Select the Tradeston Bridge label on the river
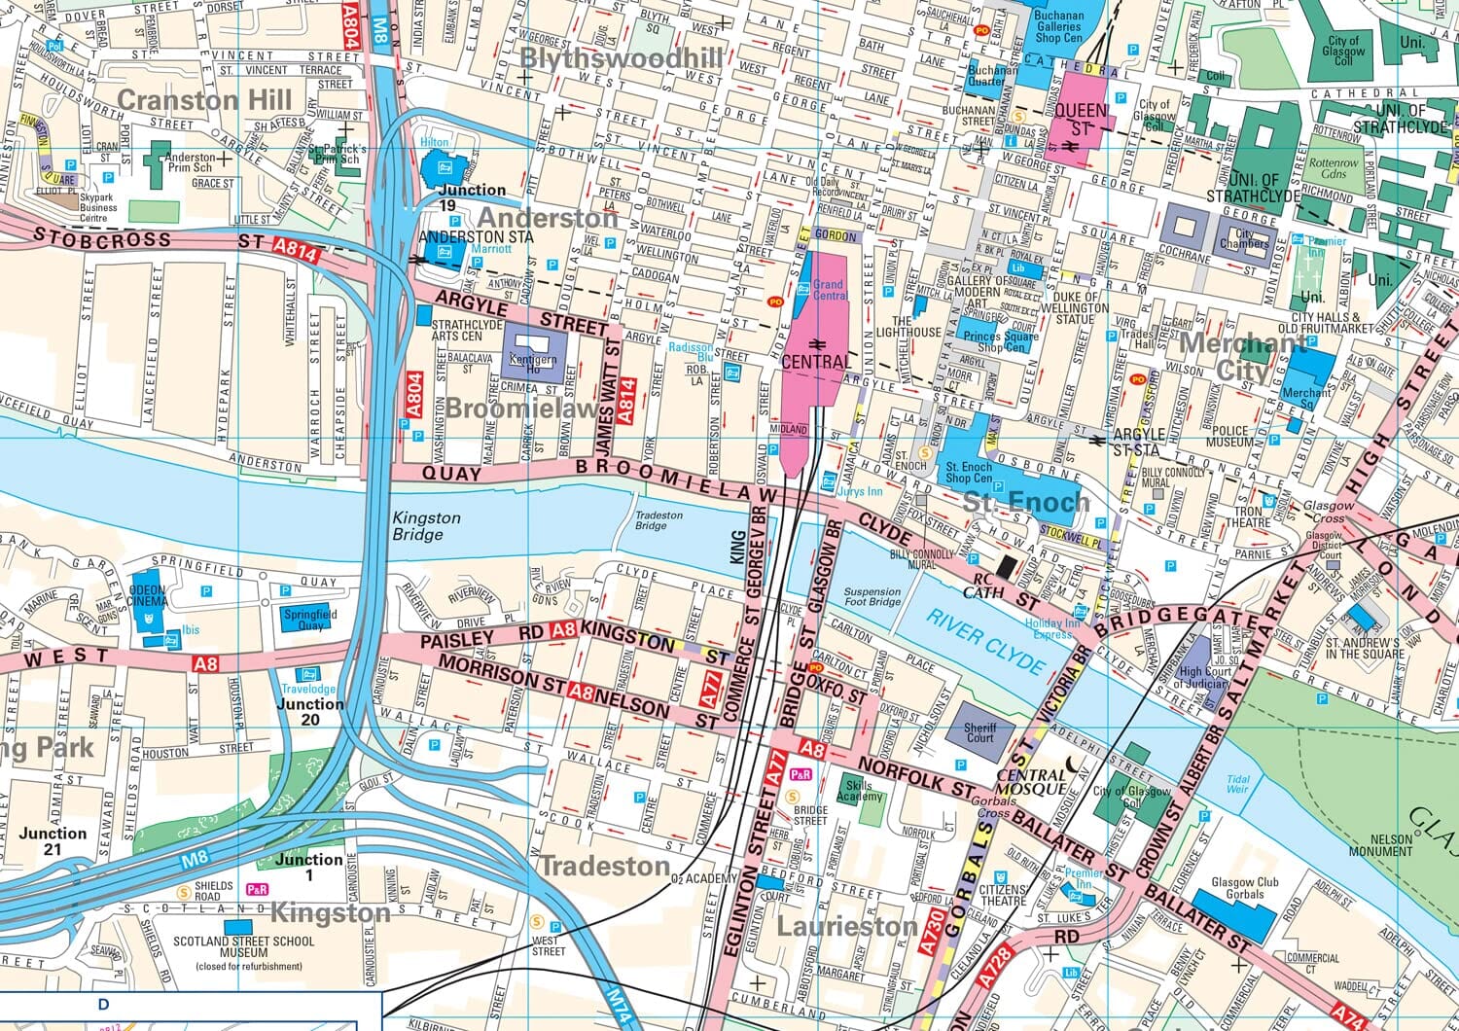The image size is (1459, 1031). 652,520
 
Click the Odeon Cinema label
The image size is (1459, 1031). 148,595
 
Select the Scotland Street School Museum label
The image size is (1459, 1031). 243,947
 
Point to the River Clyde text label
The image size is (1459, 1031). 984,642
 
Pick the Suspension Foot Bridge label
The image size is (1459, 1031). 872,597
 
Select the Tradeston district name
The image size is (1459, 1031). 604,866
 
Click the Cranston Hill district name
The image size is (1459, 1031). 203,100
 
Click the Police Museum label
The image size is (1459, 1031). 1229,436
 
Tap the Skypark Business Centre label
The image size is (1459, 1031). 98,202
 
